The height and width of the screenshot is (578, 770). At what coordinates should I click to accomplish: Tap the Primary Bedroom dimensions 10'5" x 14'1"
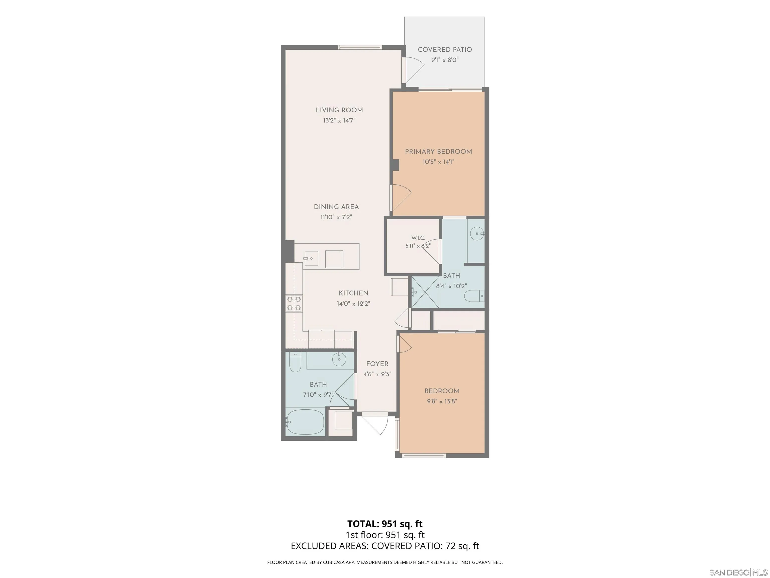(438, 162)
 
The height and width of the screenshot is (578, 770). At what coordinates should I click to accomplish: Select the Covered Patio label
(445, 49)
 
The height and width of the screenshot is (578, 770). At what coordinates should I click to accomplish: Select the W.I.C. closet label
(418, 238)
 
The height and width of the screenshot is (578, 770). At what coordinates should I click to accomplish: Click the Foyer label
(377, 364)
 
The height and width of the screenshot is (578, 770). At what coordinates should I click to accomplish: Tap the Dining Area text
(336, 207)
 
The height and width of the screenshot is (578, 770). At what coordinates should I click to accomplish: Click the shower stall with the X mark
(425, 292)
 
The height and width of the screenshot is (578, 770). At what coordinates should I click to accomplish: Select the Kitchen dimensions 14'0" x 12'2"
(353, 304)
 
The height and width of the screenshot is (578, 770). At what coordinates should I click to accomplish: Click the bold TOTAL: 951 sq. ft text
(385, 524)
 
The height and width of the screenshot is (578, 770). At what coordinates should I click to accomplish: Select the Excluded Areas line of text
(385, 546)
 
